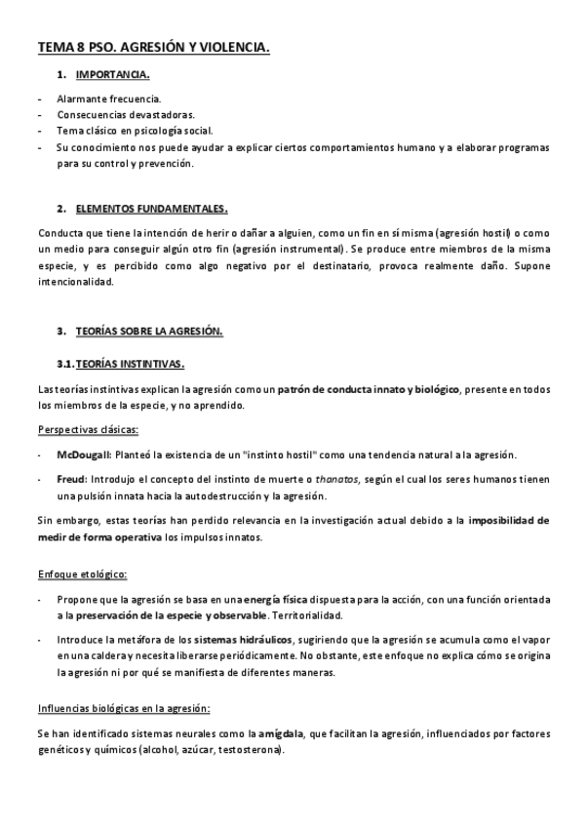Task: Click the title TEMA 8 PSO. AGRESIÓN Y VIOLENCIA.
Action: (154, 47)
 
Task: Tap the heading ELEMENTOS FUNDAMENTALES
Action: (151, 208)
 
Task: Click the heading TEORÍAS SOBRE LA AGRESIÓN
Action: (149, 331)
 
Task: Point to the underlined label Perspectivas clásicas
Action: (88, 430)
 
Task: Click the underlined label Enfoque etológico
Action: (82, 573)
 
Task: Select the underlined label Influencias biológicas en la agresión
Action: (124, 708)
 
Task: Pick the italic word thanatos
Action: (337, 480)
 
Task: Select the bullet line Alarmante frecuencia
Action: (109, 98)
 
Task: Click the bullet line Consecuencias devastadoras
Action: (126, 114)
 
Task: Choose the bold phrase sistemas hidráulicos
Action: (236, 640)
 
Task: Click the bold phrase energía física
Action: (277, 599)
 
